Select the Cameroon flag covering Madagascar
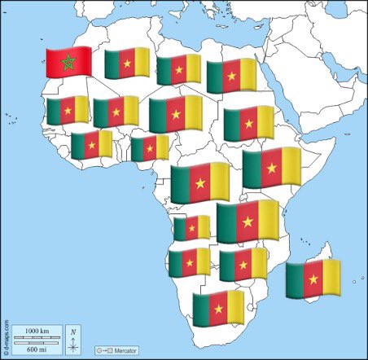tap(313, 279)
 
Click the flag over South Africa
tap(217, 309)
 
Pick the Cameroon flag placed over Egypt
tap(231, 76)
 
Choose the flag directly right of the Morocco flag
tap(127, 63)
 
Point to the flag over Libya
tap(178, 69)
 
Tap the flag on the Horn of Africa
tap(272, 168)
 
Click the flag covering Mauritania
tap(67, 111)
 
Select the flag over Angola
tap(191, 228)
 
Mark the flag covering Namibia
tap(190, 262)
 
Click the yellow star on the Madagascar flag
tap(313, 279)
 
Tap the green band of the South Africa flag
tap(201, 309)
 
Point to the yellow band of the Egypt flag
tap(248, 76)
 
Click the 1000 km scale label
tap(37, 330)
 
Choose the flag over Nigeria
tap(149, 148)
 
